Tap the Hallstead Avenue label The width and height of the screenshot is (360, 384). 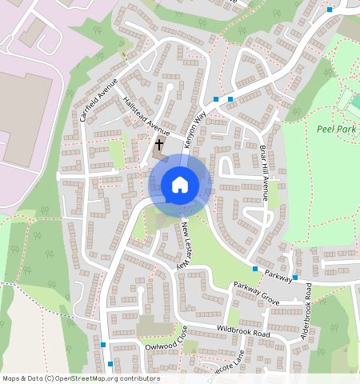tap(147, 117)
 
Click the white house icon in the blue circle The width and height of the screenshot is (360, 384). tap(180, 185)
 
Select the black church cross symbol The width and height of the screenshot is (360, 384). tap(159, 145)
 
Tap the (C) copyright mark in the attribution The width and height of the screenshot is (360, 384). tap(50, 378)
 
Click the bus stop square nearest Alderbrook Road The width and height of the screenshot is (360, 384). tap(295, 278)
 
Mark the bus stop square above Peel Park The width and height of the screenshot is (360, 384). tap(330, 10)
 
